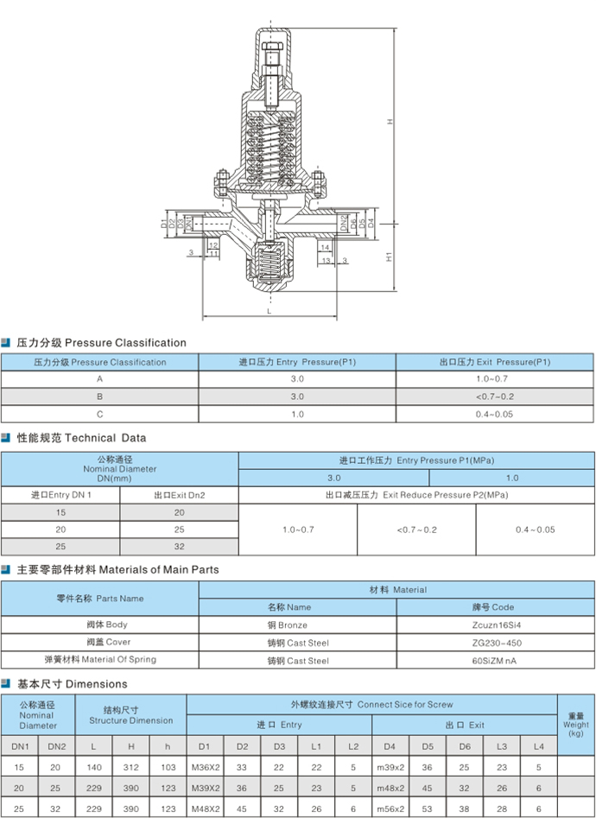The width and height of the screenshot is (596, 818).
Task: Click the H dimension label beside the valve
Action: tap(390, 121)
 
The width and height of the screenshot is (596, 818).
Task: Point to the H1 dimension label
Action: tap(390, 257)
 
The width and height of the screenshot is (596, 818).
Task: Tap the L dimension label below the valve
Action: tap(269, 312)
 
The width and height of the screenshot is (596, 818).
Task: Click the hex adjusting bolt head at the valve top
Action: tap(272, 46)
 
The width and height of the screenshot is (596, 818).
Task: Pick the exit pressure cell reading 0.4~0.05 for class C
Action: tap(494, 415)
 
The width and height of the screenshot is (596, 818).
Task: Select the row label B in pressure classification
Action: tap(99, 396)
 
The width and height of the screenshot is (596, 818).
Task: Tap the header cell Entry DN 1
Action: tap(61, 495)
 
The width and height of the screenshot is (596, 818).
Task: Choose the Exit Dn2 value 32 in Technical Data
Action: tap(180, 546)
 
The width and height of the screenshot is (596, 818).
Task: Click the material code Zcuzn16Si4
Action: tap(497, 625)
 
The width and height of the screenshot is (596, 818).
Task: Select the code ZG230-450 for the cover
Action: tap(497, 643)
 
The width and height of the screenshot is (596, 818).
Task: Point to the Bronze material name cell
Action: tap(287, 625)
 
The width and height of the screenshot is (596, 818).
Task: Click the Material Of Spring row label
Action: tap(100, 659)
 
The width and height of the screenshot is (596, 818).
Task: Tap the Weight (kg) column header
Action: tap(575, 725)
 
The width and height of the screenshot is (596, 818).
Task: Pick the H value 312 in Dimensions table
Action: tap(131, 767)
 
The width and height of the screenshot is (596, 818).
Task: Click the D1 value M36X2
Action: tap(206, 767)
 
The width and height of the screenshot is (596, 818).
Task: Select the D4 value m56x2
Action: tap(390, 809)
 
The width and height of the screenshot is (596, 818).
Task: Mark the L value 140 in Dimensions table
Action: tap(94, 767)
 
